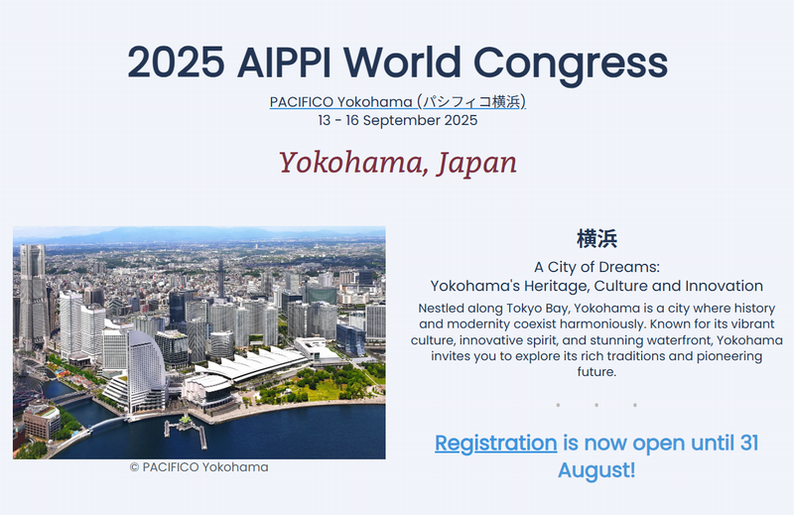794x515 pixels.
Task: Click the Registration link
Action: (x=495, y=444)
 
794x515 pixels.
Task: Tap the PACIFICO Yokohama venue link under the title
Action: (x=398, y=102)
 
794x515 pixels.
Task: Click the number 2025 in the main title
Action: (x=176, y=63)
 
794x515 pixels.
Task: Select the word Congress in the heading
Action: (x=570, y=64)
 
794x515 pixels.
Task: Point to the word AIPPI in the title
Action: (x=284, y=63)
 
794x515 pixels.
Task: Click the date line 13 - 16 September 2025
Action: (x=398, y=120)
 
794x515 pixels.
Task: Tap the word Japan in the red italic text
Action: (x=476, y=163)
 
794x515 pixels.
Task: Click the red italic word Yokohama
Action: (x=352, y=163)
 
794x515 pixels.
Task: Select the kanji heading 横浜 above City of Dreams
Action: (x=596, y=238)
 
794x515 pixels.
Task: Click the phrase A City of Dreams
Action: (x=596, y=267)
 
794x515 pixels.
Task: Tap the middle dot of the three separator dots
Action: (x=596, y=405)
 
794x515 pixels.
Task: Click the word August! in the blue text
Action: (x=596, y=470)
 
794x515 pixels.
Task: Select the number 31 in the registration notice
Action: (x=749, y=444)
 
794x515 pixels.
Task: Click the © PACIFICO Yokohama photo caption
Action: (x=199, y=467)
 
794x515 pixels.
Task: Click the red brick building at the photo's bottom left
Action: (x=42, y=421)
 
